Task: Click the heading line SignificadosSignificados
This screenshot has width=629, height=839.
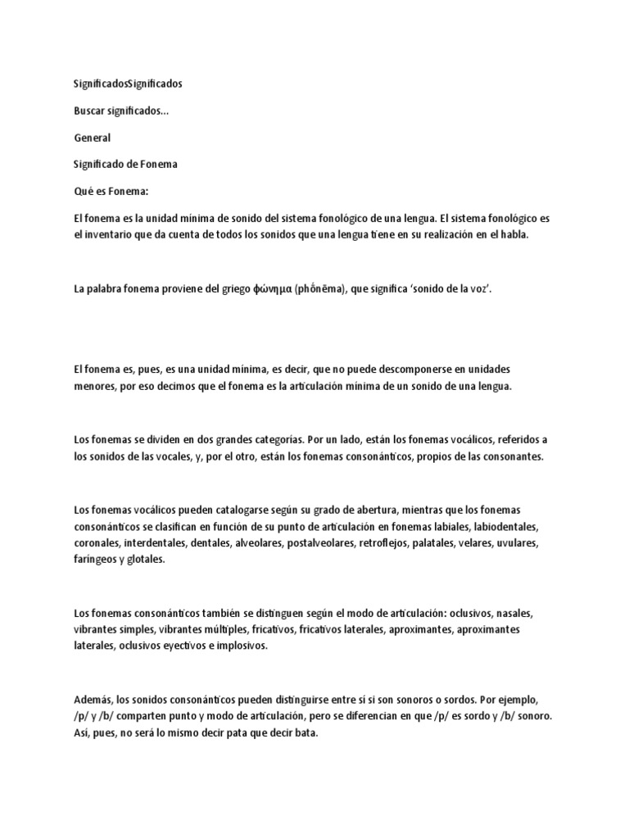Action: [129, 84]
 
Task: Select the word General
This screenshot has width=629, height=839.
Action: [92, 138]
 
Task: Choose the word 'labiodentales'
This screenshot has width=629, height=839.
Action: [501, 525]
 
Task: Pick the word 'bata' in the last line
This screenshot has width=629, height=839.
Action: [303, 732]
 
